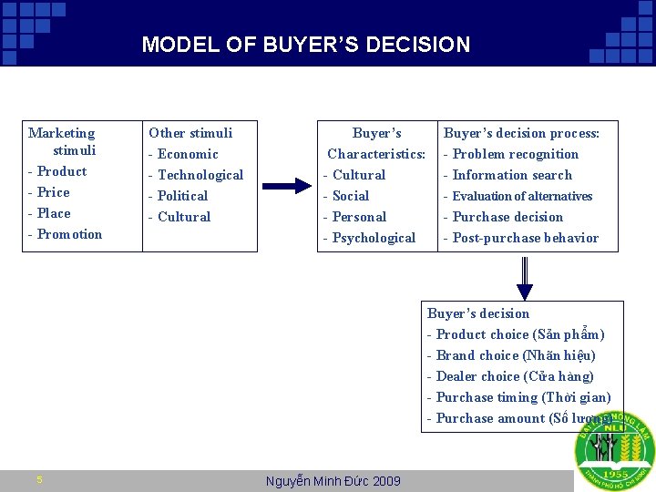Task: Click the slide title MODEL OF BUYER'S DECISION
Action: (x=306, y=45)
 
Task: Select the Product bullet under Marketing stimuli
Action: (x=61, y=171)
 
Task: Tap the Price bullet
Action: (x=53, y=192)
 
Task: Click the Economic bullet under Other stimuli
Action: (x=187, y=154)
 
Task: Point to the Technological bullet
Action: (x=200, y=175)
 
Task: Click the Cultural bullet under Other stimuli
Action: (x=183, y=217)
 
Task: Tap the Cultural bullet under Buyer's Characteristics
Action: (x=358, y=175)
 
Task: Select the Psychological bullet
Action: (x=373, y=238)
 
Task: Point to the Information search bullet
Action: (x=511, y=175)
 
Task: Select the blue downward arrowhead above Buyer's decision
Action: (x=524, y=292)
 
